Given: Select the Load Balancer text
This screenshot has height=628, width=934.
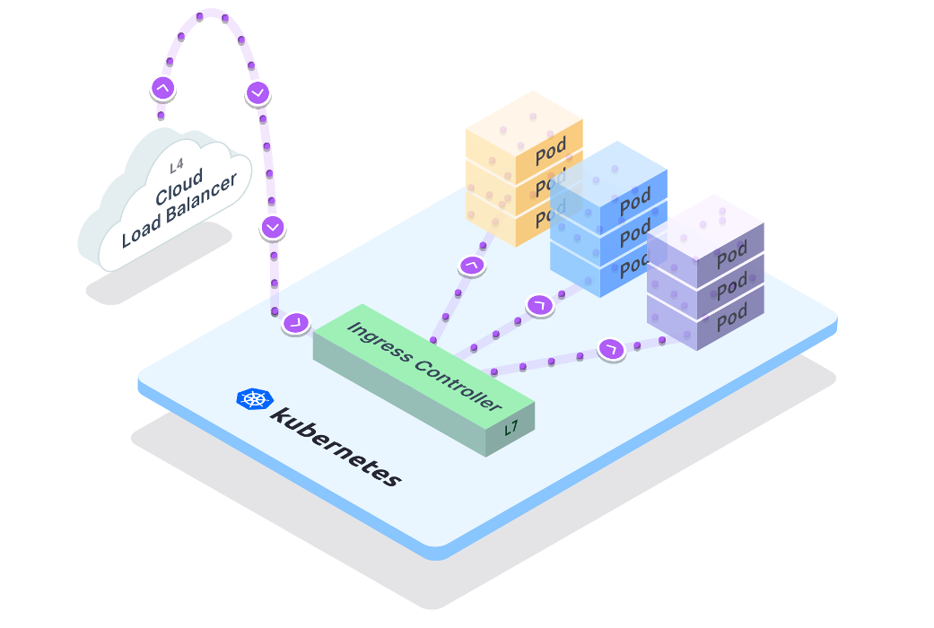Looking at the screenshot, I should click(x=179, y=211).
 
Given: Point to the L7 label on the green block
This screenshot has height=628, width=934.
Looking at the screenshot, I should click(x=511, y=429).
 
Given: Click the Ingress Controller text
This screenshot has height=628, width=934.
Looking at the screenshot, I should click(x=423, y=367).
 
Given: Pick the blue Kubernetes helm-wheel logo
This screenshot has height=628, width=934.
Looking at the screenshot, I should click(x=253, y=400).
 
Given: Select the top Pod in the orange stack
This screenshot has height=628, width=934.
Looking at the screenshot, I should click(x=550, y=153).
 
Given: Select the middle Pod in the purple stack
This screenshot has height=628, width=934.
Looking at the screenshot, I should click(x=731, y=285).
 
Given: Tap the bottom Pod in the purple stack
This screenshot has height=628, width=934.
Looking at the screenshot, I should click(x=731, y=316).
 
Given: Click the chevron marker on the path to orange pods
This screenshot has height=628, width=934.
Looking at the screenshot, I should click(x=470, y=266).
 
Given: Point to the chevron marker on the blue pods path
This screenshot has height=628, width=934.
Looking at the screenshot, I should click(x=539, y=305).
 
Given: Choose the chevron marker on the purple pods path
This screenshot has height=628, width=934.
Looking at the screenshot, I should click(x=611, y=347).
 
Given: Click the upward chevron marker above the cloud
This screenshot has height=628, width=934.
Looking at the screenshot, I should click(x=162, y=89).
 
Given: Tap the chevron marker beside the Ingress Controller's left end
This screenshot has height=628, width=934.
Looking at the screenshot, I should click(x=296, y=322).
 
